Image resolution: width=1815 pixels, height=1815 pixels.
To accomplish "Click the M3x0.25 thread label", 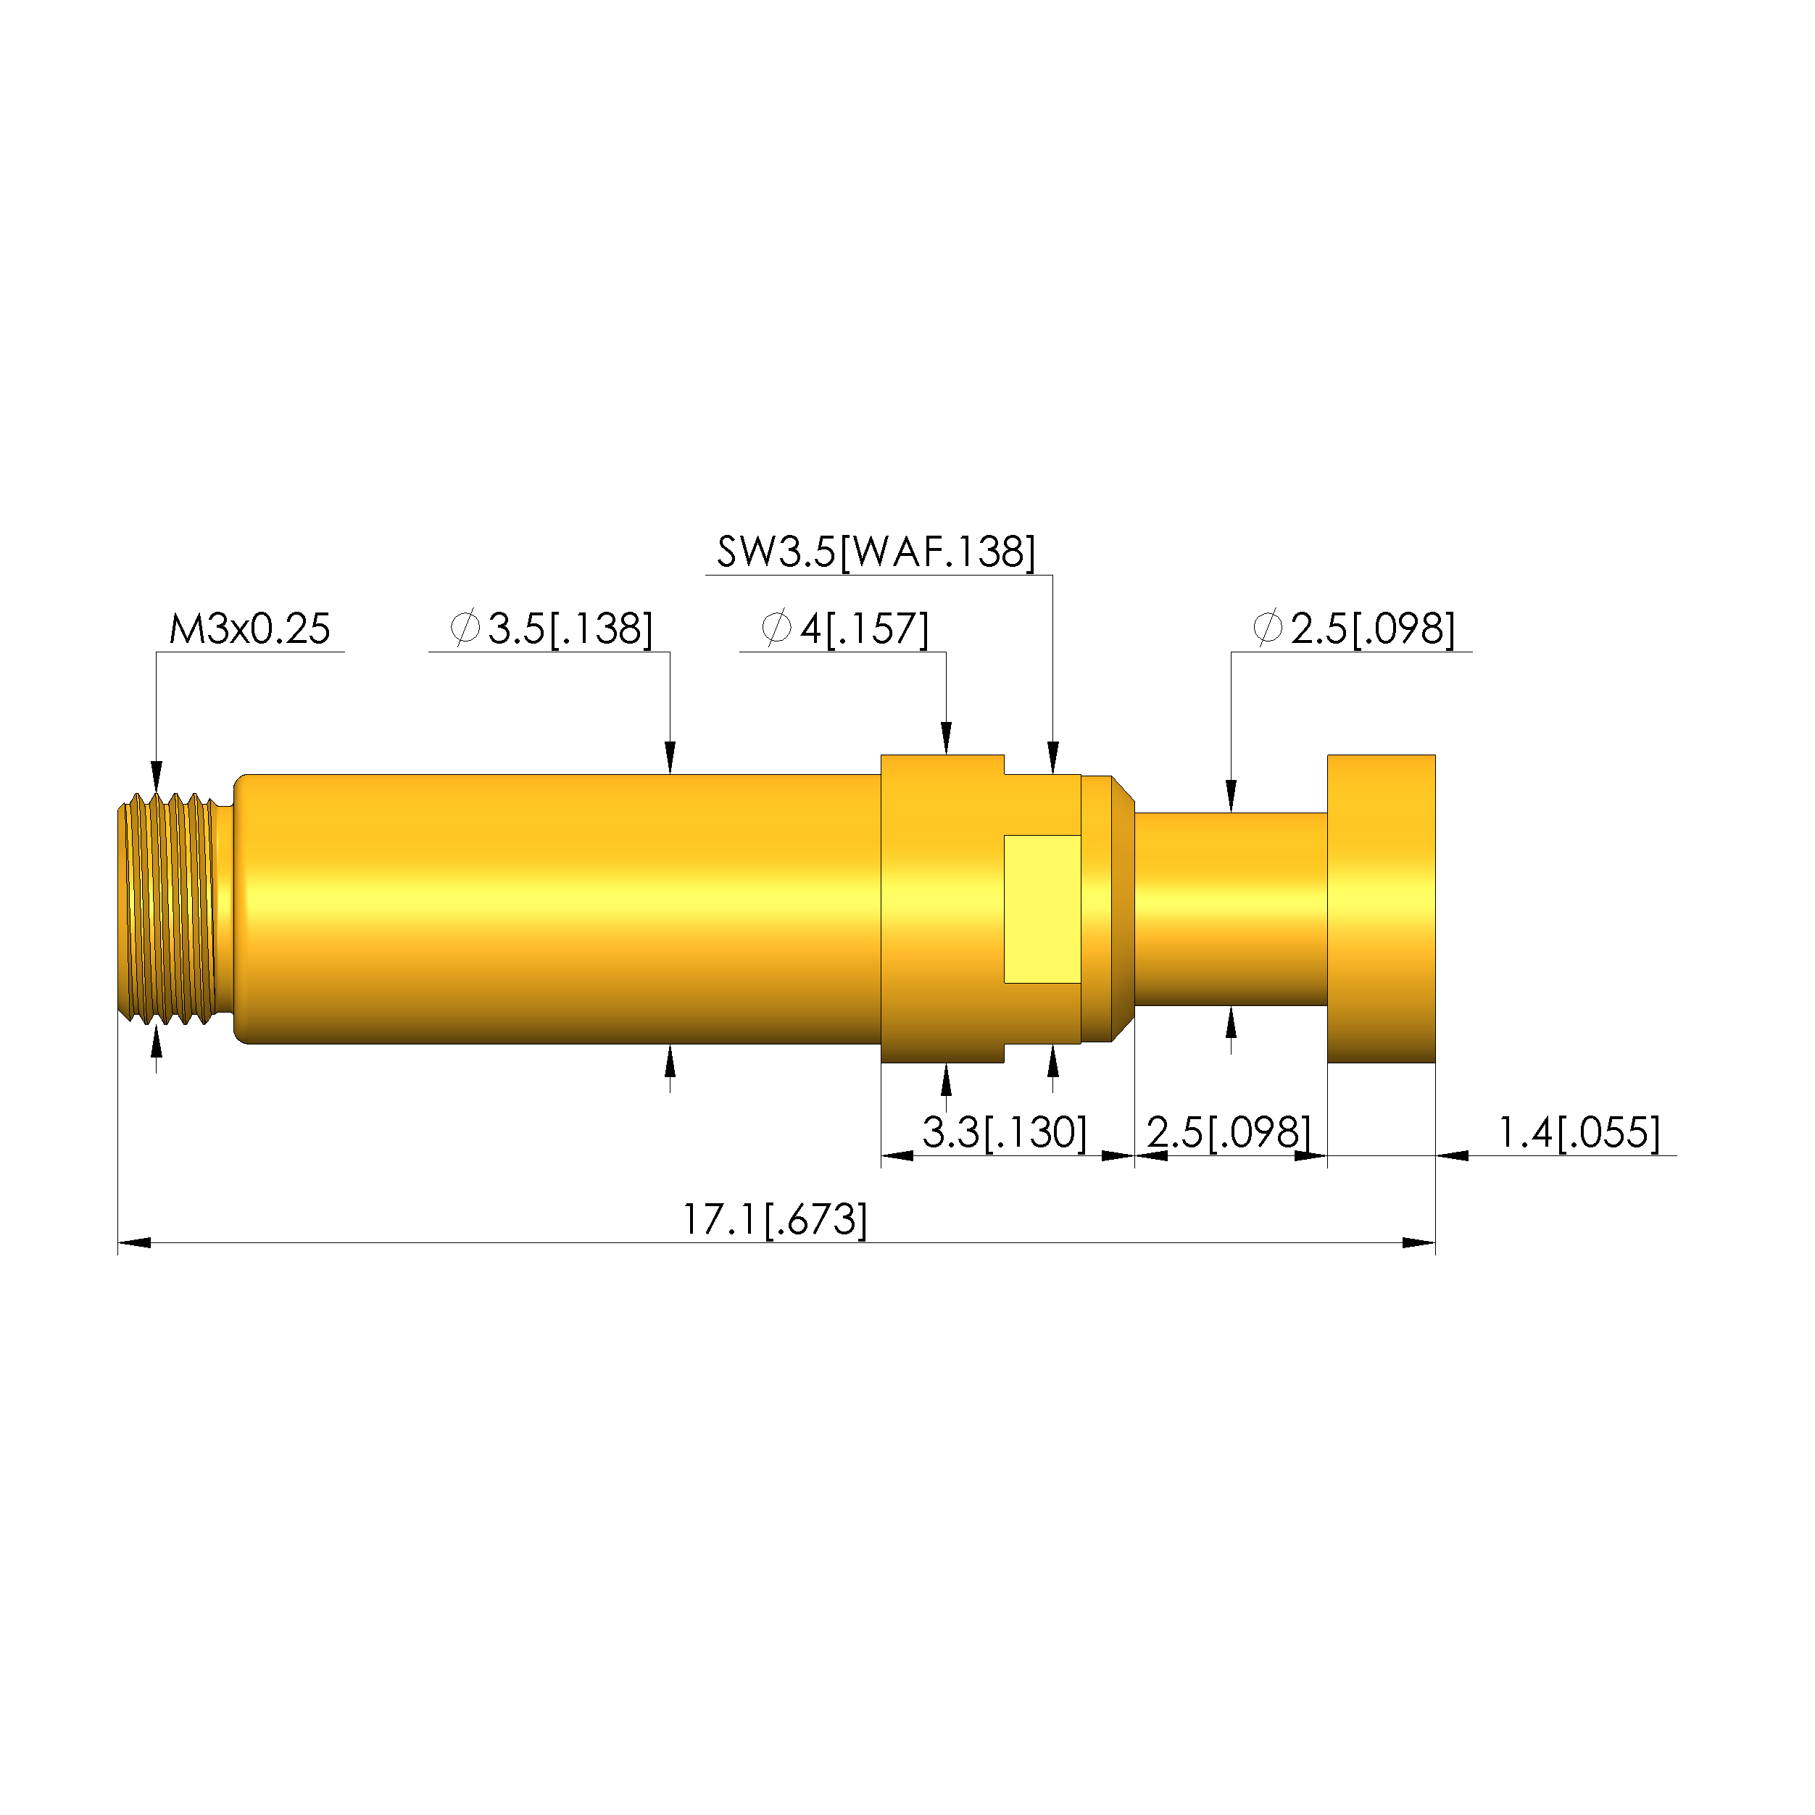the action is (249, 628).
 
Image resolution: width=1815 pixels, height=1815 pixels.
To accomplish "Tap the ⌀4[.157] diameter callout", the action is (844, 628).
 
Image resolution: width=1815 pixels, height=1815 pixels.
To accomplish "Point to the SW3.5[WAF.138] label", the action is (876, 552).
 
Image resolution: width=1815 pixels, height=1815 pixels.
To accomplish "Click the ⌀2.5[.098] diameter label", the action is (1354, 628).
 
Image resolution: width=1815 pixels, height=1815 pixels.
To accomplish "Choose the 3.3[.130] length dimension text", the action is (1004, 1132).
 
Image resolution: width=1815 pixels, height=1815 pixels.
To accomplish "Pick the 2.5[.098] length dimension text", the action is (1228, 1132).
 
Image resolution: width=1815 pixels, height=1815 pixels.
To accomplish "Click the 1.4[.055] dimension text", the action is (1578, 1132).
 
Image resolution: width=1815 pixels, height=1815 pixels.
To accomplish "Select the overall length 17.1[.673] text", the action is (774, 1219).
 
